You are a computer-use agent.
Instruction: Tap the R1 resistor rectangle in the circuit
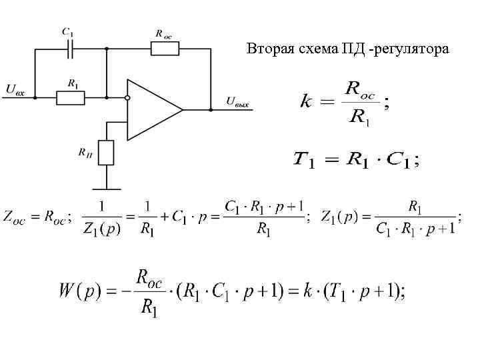point(71,97)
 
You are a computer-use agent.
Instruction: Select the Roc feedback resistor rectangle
point(165,48)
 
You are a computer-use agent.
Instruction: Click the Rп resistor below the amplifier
point(106,152)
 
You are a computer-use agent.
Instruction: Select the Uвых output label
point(241,102)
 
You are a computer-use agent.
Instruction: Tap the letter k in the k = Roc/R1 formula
point(307,102)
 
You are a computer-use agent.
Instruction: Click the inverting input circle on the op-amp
point(127,97)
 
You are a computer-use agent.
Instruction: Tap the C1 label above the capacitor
point(67,31)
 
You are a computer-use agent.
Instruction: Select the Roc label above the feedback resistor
point(163,32)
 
